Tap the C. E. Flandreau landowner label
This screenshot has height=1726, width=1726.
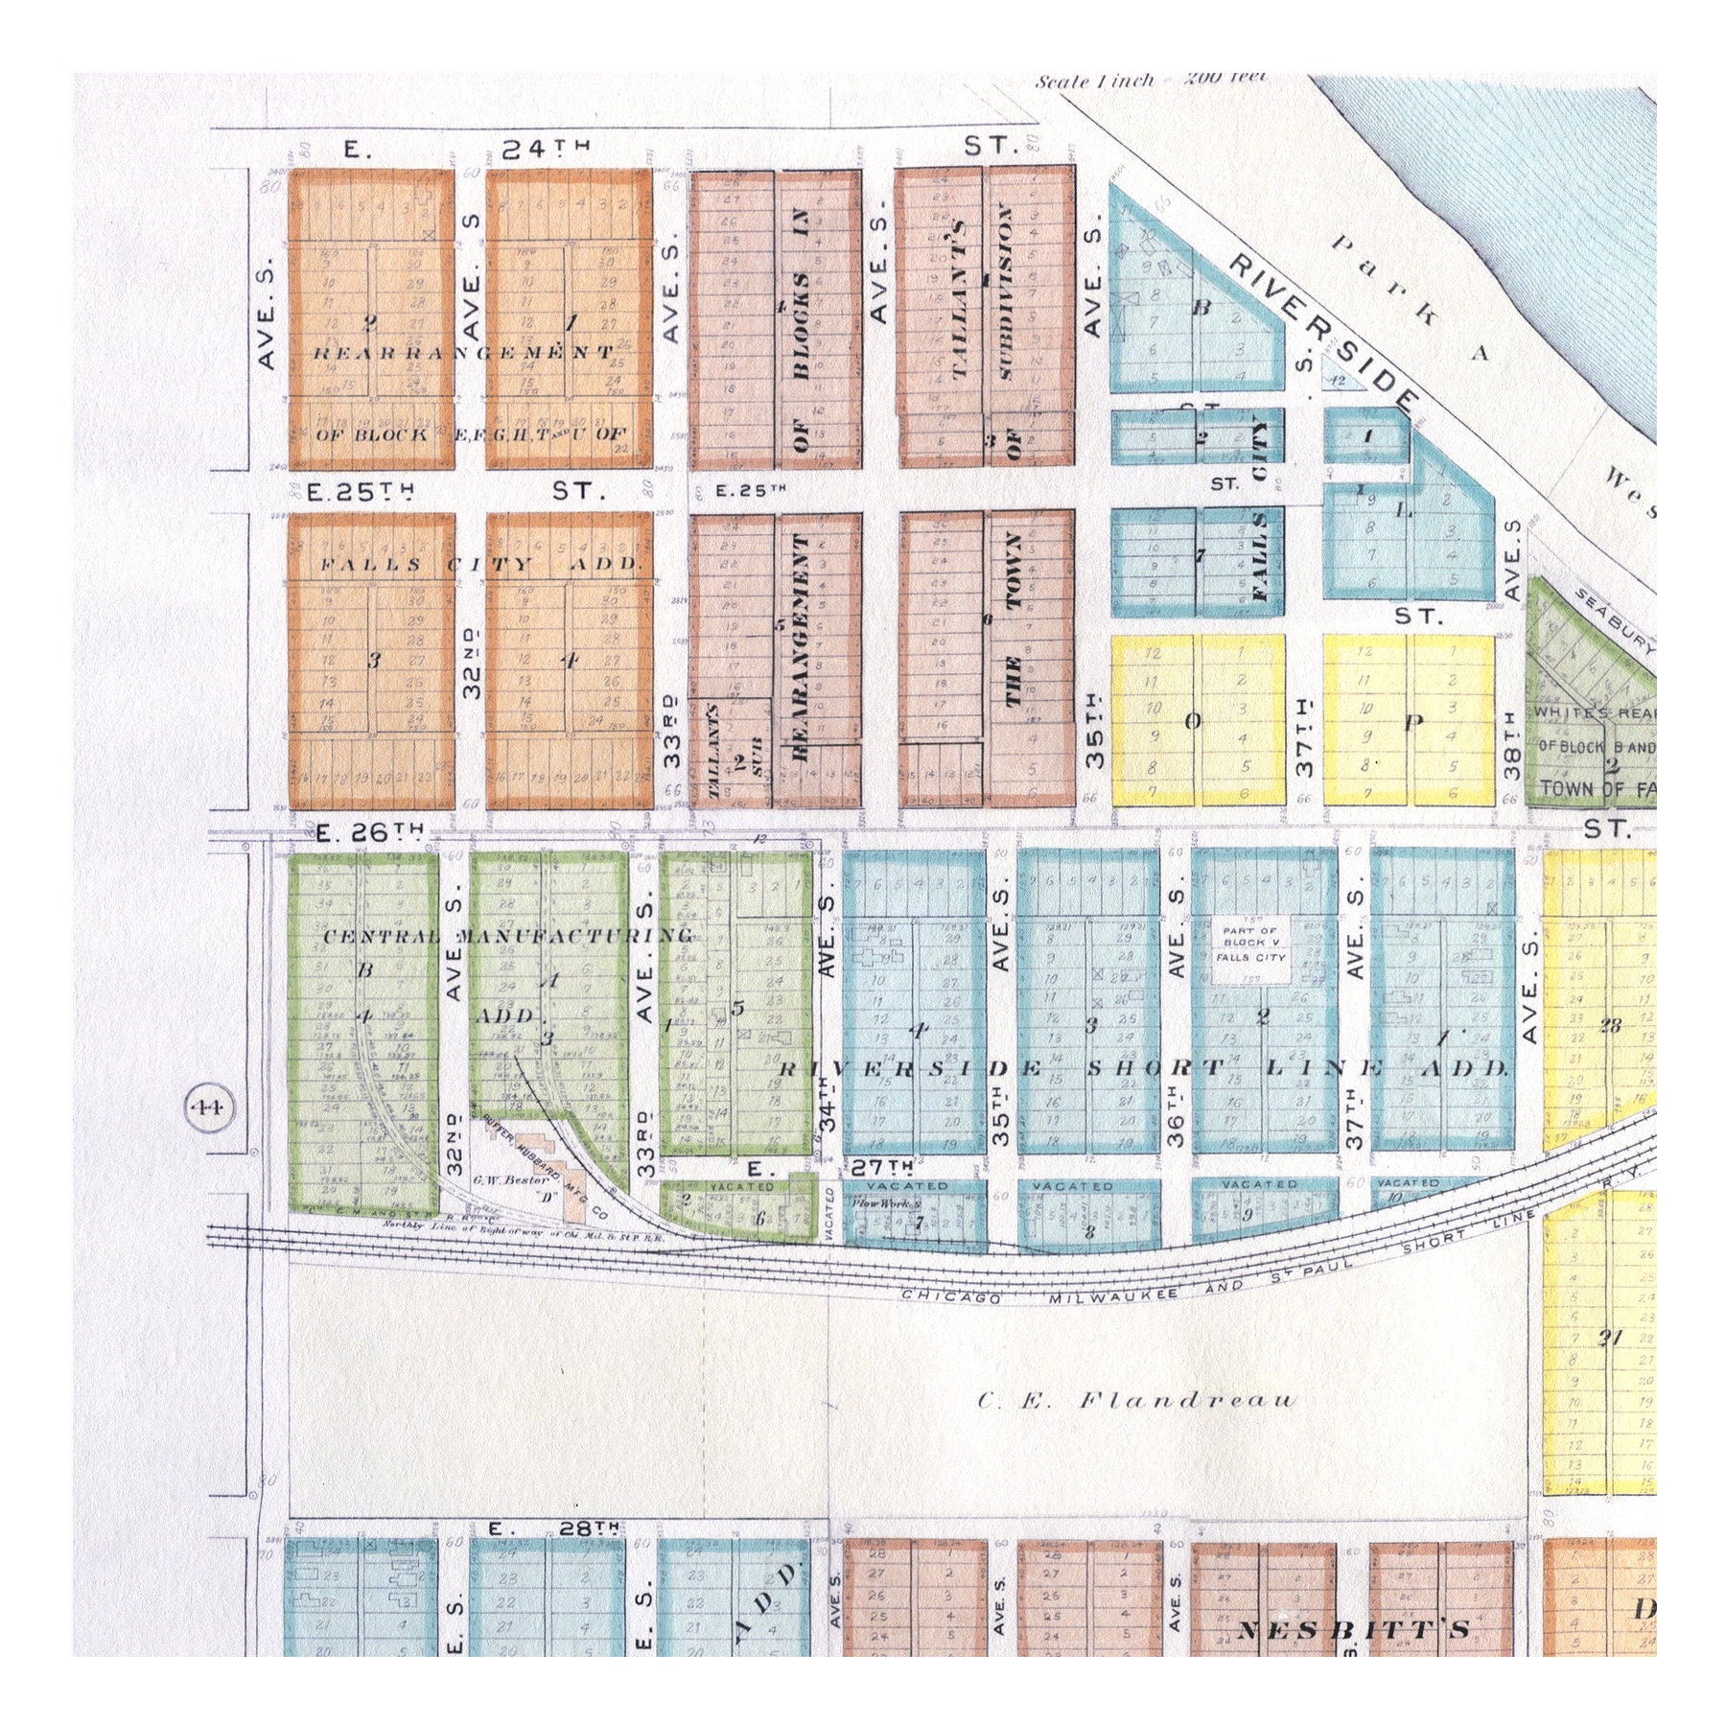click(1136, 1401)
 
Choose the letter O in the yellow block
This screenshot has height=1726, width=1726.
click(1192, 722)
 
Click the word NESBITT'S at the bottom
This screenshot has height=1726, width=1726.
click(1353, 1630)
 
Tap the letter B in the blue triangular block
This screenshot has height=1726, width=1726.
click(1200, 308)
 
